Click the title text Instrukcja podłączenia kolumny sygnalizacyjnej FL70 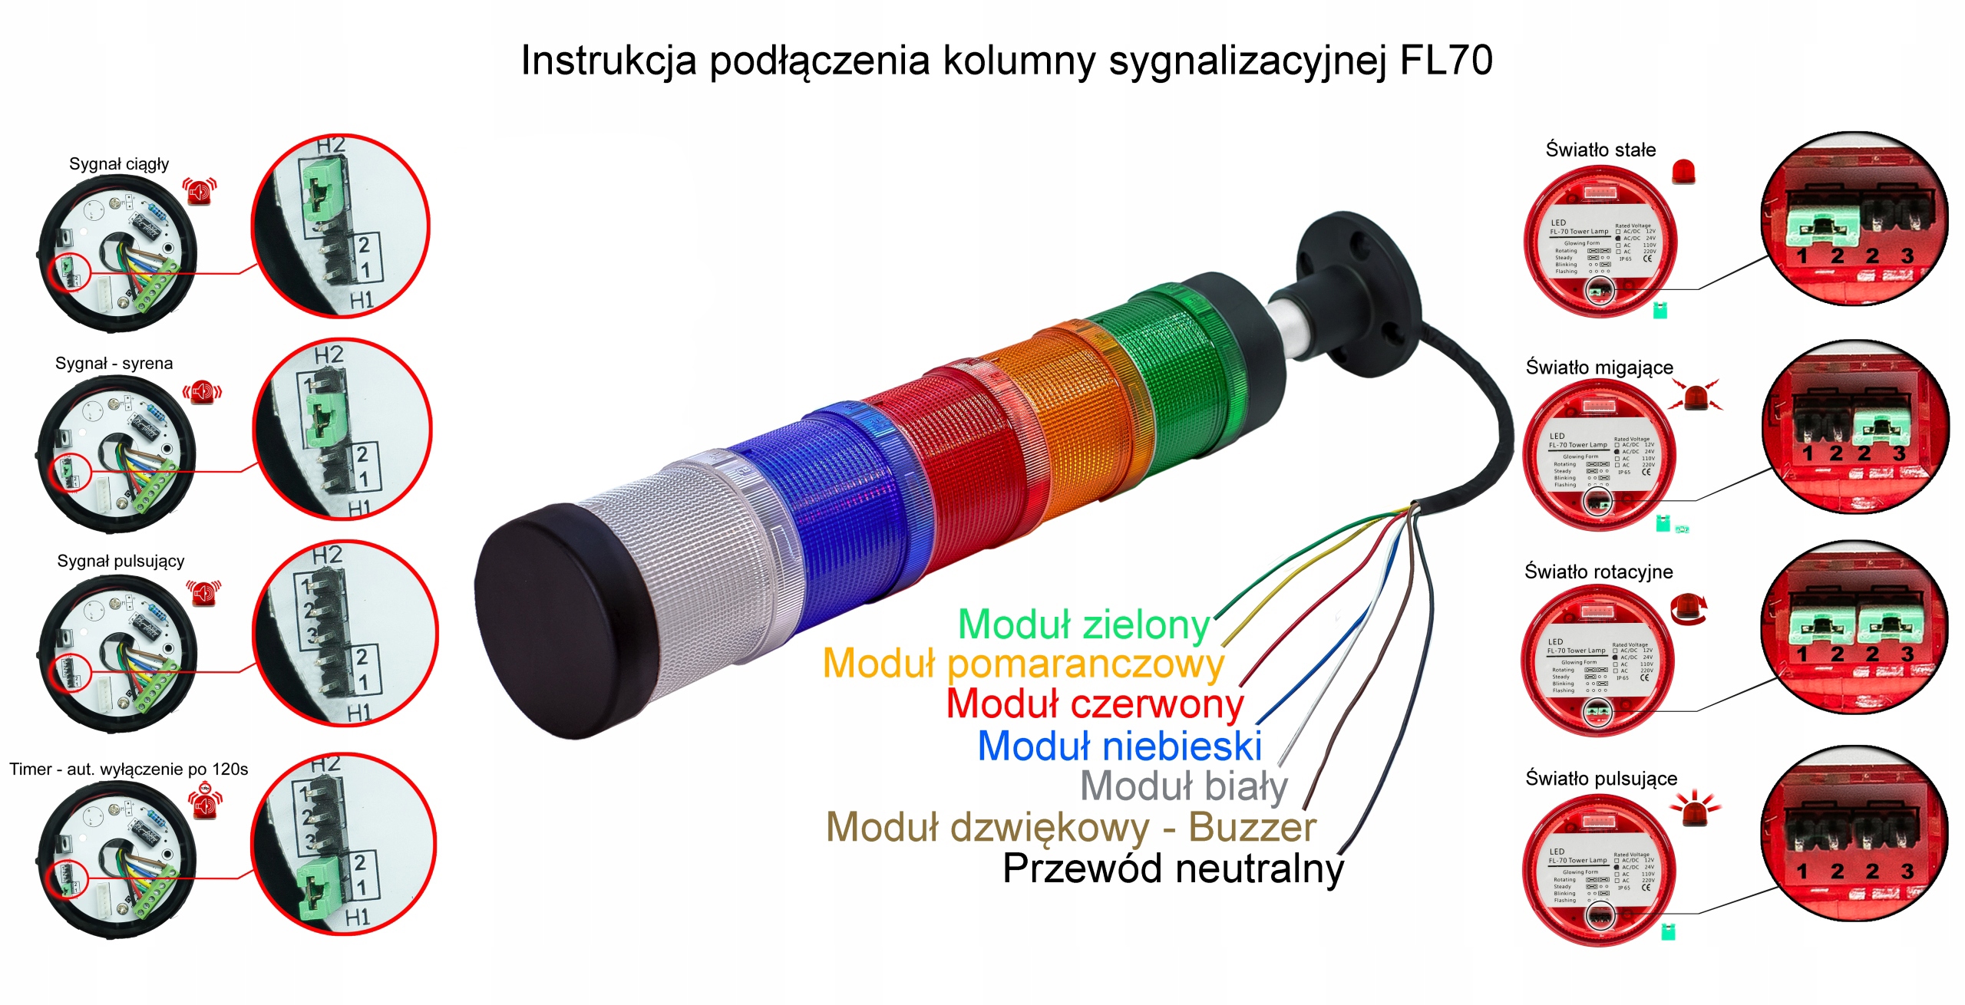tap(1006, 60)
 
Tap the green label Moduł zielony tap(1084, 624)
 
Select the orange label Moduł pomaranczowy tap(1022, 664)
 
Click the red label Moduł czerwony tap(1095, 703)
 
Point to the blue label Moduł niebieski tap(1120, 746)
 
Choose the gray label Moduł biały tap(1184, 786)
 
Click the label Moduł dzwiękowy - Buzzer tap(1071, 827)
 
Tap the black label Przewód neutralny tap(1173, 868)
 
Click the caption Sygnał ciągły tap(119, 164)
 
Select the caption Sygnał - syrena tap(114, 364)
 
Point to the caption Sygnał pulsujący tap(121, 561)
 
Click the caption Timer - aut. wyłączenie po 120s tap(128, 769)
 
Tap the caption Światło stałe tap(1600, 150)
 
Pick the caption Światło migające tap(1599, 367)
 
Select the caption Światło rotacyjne tap(1598, 572)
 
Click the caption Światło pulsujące tap(1601, 778)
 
